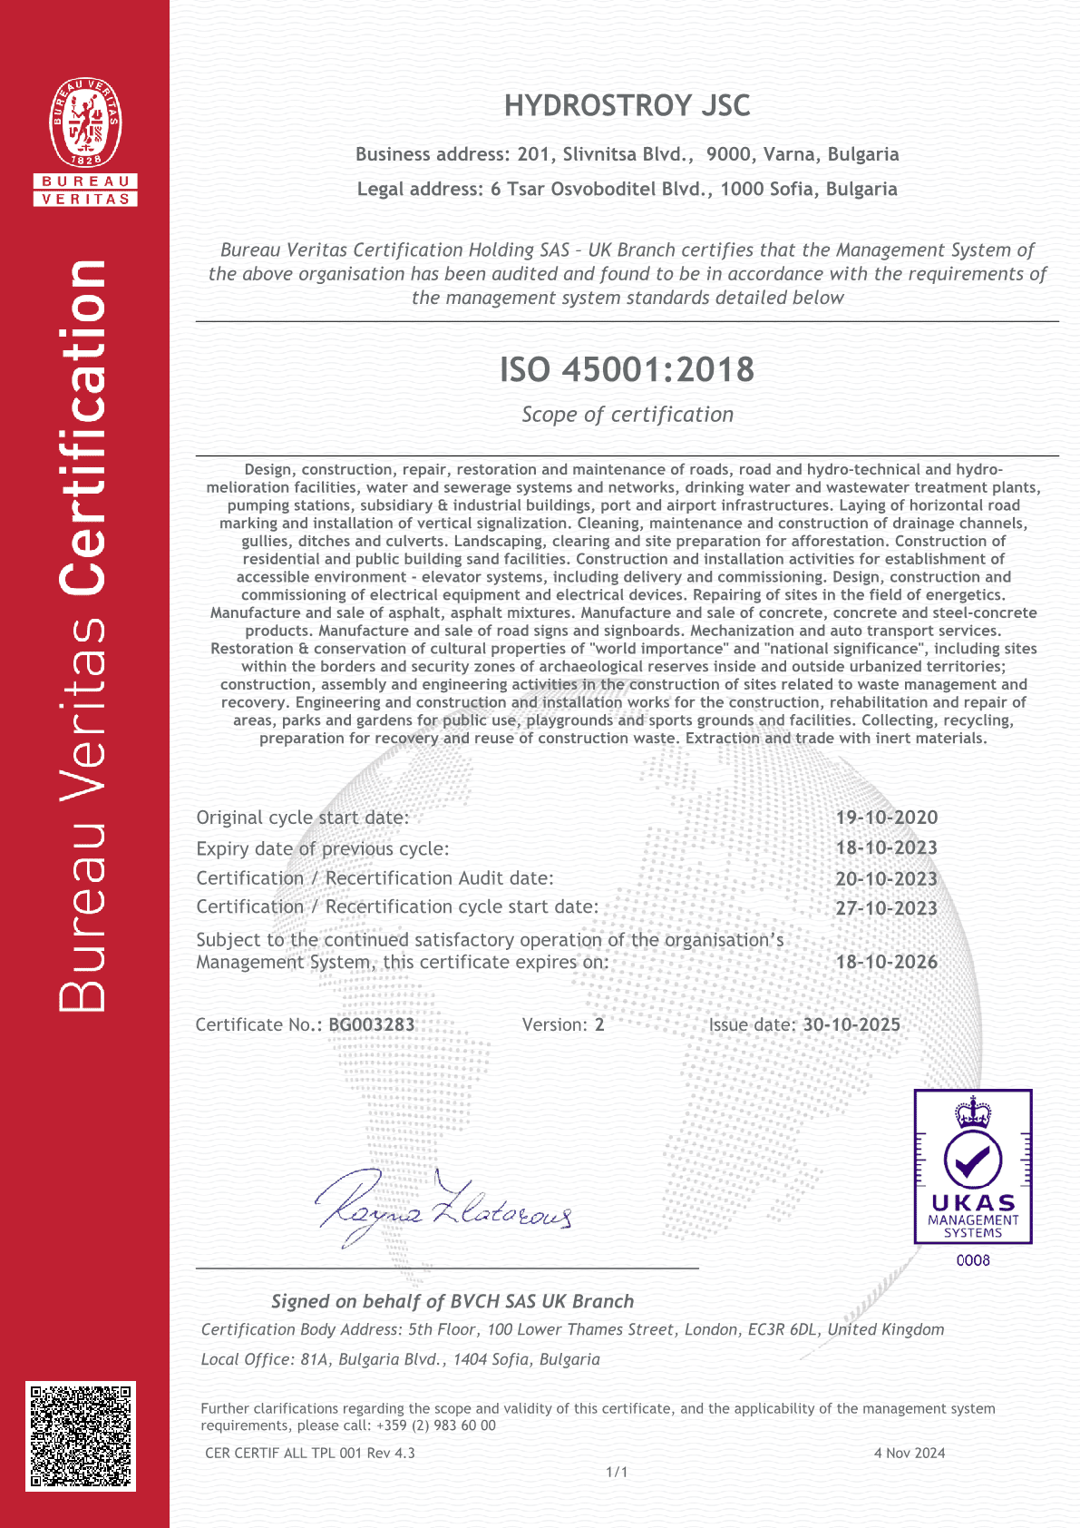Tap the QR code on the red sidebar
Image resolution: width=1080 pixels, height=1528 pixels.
point(81,1435)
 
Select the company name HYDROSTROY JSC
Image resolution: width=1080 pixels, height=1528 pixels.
point(627,106)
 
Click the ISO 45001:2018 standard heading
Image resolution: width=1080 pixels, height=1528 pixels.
point(627,369)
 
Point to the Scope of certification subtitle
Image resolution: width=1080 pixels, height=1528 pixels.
point(627,415)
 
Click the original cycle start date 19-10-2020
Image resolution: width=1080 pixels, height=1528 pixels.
point(886,818)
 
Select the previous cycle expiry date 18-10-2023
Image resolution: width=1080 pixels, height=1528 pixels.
point(886,848)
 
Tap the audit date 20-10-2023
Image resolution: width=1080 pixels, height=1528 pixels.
point(886,878)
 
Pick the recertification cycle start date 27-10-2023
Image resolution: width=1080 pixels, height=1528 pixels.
point(886,908)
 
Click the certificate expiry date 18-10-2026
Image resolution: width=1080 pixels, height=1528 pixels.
point(886,962)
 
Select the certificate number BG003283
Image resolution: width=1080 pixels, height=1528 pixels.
point(372,1024)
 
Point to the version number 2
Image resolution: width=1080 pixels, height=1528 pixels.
point(599,1024)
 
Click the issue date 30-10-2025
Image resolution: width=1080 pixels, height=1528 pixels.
point(851,1024)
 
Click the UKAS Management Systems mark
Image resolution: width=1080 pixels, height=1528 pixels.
point(973,1166)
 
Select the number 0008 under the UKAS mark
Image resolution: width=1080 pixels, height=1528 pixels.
point(973,1260)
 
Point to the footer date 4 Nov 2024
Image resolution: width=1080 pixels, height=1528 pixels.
point(909,1453)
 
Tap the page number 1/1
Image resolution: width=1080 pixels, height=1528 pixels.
point(617,1472)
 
